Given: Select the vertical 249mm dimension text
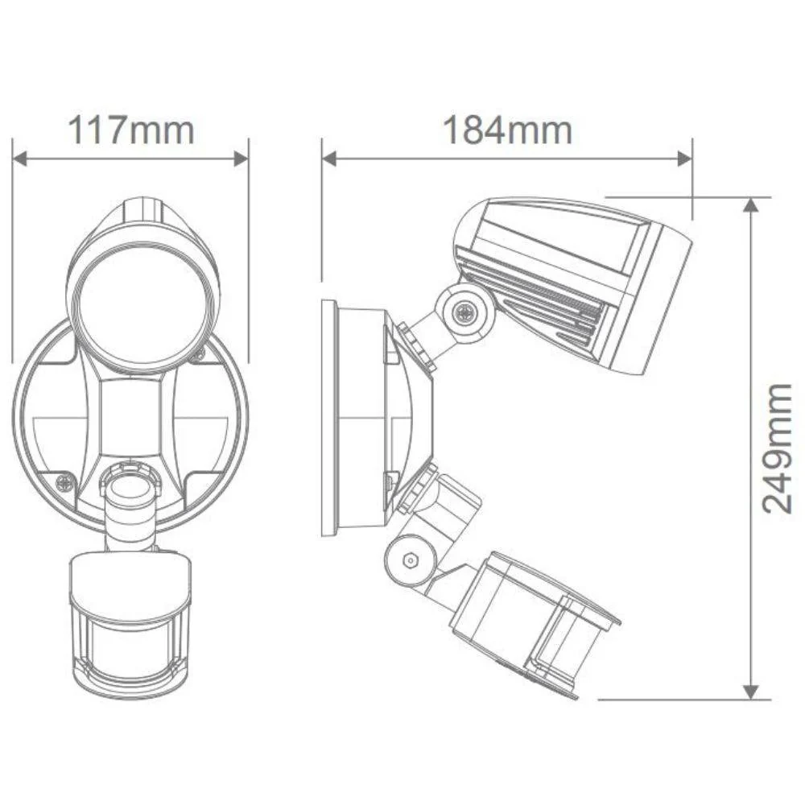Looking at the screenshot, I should [x=778, y=448].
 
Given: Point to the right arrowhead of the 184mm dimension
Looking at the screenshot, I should [x=685, y=159].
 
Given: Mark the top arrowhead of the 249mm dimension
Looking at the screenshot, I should [x=750, y=204].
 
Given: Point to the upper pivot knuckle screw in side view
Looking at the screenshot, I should [x=463, y=313].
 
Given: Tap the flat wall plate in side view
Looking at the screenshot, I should [x=330, y=417].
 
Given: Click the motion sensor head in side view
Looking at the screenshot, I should [x=531, y=620].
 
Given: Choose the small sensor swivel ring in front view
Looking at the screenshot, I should [x=130, y=490].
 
